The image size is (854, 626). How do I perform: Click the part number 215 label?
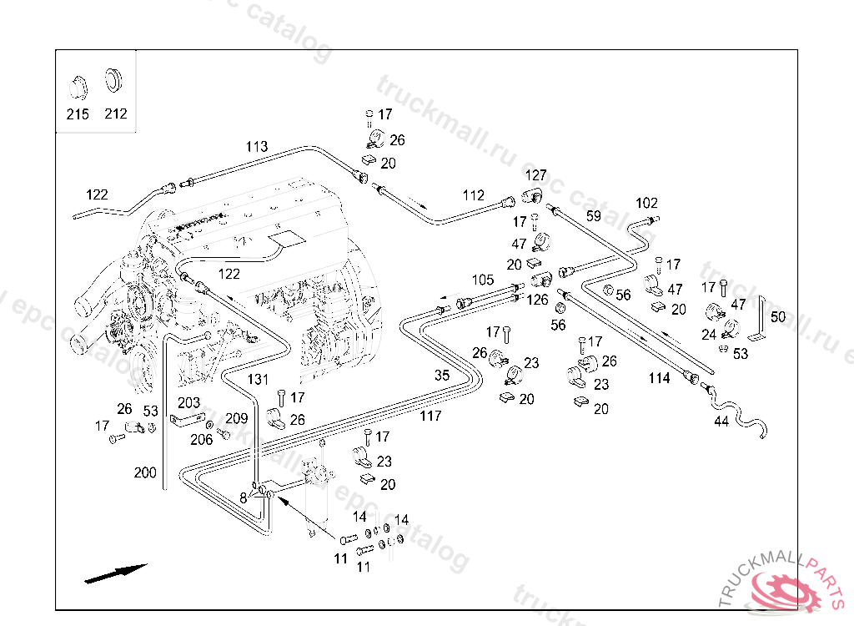coord(78,114)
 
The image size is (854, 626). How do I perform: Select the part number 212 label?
coord(116,114)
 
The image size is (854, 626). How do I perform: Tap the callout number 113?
coord(257,147)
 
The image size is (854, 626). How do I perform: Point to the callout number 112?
coord(474,195)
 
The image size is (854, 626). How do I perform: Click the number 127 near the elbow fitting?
coord(535,175)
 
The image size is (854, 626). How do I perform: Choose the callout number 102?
coord(646,203)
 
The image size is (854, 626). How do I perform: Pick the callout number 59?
coord(593,215)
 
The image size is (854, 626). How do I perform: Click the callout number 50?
coord(777,317)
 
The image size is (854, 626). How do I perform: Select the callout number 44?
coord(721,422)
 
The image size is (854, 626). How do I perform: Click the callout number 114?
coord(659,378)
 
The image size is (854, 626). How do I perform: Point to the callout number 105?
coord(483,280)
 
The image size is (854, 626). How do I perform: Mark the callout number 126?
coord(538,300)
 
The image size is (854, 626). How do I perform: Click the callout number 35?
coord(442,375)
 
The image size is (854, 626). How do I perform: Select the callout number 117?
coord(430,416)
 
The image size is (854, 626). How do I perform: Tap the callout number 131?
coord(259,379)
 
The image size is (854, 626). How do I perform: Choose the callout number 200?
coord(145,472)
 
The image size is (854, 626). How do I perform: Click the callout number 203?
coord(188,403)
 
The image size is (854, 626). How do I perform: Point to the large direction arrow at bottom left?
coord(115,573)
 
